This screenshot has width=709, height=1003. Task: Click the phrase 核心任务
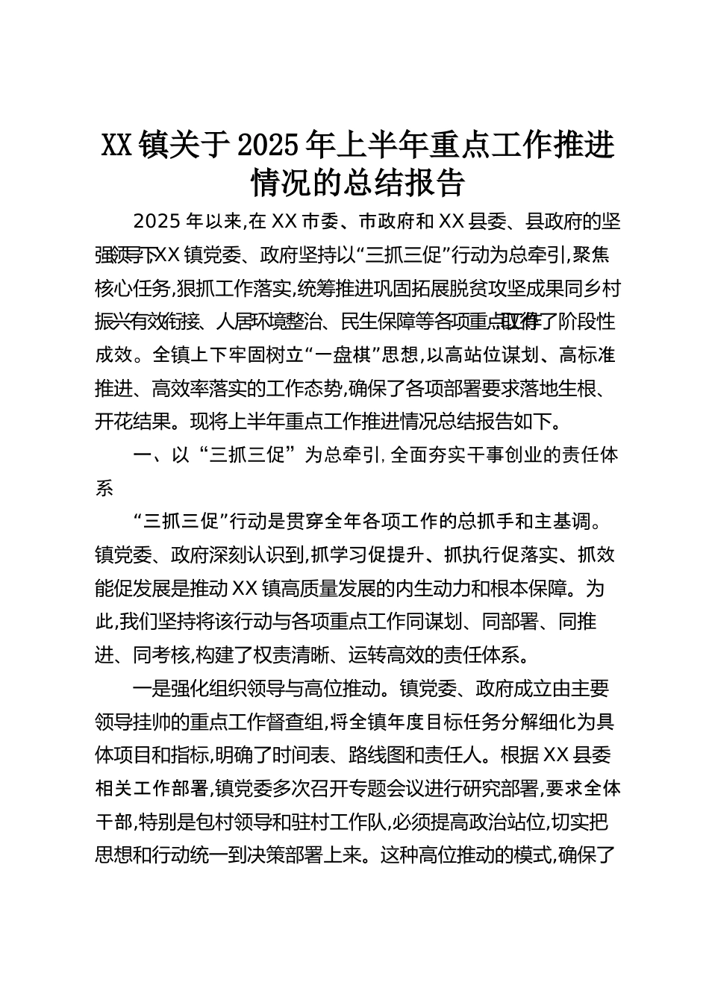133,289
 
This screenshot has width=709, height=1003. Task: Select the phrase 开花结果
133,422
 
